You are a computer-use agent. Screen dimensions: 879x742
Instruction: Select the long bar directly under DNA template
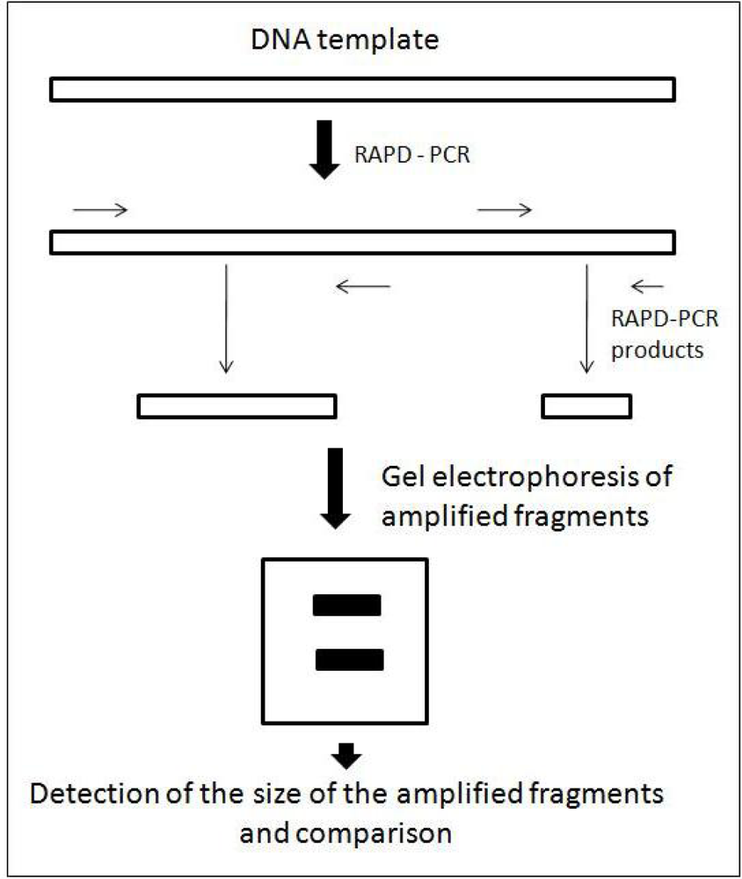362,89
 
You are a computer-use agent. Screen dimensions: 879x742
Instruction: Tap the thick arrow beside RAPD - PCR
324,149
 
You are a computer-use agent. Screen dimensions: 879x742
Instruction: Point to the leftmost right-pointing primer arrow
101,209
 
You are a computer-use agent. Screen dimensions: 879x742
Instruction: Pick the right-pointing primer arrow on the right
504,209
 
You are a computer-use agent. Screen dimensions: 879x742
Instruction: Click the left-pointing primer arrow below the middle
363,285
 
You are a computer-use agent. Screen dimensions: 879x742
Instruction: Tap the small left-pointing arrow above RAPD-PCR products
649,285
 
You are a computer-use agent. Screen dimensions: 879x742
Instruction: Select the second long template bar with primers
362,241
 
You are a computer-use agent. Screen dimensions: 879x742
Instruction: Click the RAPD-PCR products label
665,334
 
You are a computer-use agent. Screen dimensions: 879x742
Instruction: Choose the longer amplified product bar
237,405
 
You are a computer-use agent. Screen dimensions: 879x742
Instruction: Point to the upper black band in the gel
346,606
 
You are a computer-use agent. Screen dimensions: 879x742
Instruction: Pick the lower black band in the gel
349,658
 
